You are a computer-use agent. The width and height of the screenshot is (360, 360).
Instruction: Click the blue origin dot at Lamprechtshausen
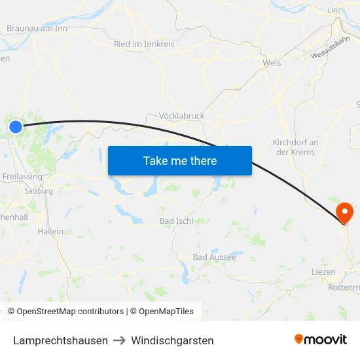coord(16,126)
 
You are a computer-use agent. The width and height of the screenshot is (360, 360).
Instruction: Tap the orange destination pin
coord(344,211)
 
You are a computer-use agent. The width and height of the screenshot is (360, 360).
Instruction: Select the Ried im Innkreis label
coord(144,45)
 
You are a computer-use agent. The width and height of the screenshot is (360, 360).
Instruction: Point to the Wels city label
coord(271,63)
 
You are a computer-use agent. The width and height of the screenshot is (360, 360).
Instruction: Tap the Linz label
coord(334,10)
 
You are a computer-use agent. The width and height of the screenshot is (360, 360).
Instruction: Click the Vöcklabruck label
coord(182,116)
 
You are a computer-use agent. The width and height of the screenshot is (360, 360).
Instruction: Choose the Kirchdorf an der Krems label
coord(295,147)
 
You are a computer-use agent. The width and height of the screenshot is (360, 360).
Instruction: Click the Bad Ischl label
coord(176,221)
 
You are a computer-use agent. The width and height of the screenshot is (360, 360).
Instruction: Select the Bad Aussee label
coord(214,257)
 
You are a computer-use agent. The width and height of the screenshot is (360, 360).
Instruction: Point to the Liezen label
coord(324,272)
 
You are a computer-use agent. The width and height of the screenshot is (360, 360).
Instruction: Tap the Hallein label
coord(51,231)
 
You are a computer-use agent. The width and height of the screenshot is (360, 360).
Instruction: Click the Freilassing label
coord(22,177)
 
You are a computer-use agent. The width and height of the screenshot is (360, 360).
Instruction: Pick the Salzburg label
coord(38,191)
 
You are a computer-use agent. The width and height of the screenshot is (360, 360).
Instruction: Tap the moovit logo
coord(321,340)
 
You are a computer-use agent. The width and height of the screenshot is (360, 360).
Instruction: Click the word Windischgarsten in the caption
coord(172,340)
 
